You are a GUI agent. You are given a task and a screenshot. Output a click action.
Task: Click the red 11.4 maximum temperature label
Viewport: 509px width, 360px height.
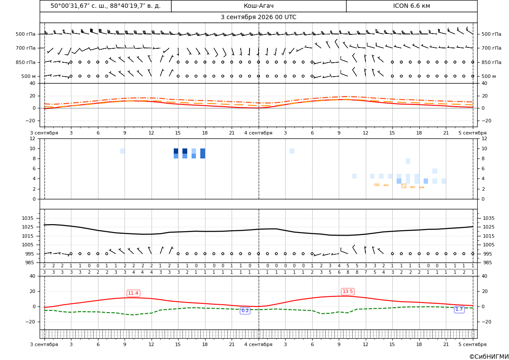pyautogui.click(x=133, y=293)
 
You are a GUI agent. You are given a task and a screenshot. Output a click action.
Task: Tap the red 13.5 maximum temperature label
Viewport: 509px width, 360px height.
pyautogui.click(x=347, y=292)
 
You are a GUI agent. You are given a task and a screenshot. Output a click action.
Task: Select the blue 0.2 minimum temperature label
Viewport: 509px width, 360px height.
pyautogui.click(x=245, y=311)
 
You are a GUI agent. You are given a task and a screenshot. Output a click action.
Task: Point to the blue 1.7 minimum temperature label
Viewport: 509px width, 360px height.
pyautogui.click(x=459, y=310)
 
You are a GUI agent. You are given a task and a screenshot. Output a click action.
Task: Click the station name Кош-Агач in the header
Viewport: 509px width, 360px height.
pyautogui.click(x=259, y=6)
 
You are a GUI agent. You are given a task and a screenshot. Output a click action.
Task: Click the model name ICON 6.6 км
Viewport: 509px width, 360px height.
pyautogui.click(x=411, y=6)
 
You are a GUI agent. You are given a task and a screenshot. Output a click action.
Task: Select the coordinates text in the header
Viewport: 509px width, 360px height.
pyautogui.click(x=105, y=6)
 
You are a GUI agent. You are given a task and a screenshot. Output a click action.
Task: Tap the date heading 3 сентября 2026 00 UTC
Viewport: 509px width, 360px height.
pyautogui.click(x=258, y=17)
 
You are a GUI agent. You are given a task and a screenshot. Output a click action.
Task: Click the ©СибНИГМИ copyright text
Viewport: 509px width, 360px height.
pyautogui.click(x=489, y=357)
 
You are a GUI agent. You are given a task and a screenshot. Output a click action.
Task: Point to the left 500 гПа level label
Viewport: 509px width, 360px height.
pyautogui.click(x=26, y=34)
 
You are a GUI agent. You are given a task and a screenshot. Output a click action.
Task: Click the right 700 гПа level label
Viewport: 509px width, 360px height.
pyautogui.click(x=492, y=48)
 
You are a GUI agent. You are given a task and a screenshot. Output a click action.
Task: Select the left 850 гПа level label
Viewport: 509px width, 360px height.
pyautogui.click(x=26, y=62)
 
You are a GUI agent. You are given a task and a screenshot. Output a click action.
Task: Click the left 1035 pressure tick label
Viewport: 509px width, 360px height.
pyautogui.click(x=27, y=218)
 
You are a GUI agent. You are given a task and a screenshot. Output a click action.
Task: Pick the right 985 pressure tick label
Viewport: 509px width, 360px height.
pyautogui.click(x=487, y=262)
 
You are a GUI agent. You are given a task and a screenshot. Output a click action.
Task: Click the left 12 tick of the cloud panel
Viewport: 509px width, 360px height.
pyautogui.click(x=33, y=138)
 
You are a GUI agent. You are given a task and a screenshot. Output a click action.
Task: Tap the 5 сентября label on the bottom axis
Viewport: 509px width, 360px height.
pyautogui.click(x=472, y=344)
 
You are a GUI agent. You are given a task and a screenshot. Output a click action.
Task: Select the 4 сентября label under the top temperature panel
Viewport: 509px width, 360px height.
pyautogui.click(x=258, y=133)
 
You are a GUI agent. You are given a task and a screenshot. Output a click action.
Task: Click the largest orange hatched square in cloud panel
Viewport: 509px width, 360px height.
pyautogui.click(x=404, y=186)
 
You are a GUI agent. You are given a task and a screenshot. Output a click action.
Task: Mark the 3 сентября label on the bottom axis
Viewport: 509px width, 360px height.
pyautogui.click(x=44, y=344)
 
